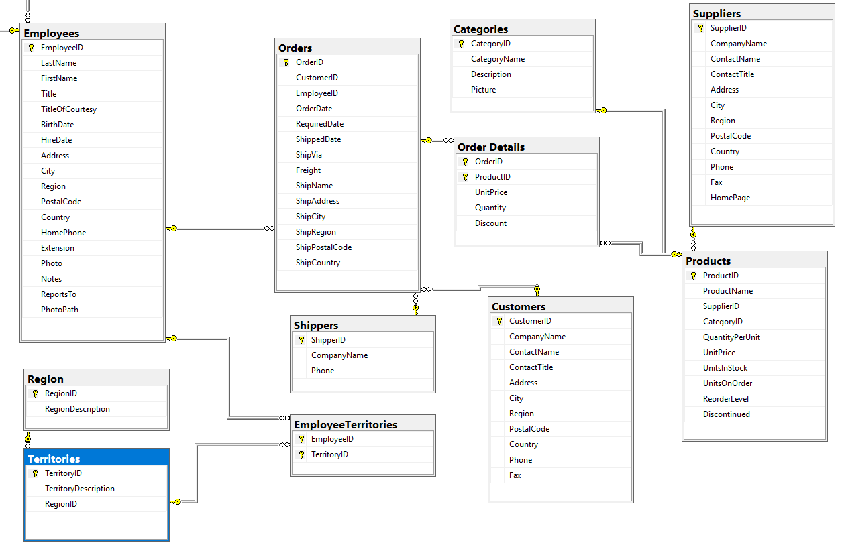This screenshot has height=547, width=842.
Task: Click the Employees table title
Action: (x=52, y=33)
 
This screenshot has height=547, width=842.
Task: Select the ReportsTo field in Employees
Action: (x=58, y=294)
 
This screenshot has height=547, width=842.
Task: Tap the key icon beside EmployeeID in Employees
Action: (x=31, y=48)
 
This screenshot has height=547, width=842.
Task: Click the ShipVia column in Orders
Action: (x=309, y=155)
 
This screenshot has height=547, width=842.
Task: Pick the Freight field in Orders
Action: (x=308, y=170)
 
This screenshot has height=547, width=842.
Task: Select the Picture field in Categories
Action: (x=483, y=90)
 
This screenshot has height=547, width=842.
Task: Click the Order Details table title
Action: (x=491, y=147)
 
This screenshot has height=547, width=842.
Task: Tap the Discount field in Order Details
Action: (x=490, y=223)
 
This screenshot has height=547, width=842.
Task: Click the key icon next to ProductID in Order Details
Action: (x=465, y=177)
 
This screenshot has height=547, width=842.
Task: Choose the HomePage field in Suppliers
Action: (x=730, y=198)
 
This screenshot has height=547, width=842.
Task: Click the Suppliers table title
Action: (x=717, y=13)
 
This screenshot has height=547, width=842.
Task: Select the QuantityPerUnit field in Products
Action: (x=731, y=337)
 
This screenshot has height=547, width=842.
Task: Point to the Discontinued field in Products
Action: (x=726, y=414)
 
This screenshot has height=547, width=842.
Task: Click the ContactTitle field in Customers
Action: (x=531, y=367)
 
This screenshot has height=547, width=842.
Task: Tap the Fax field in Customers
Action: (x=515, y=475)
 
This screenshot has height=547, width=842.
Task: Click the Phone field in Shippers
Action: (x=322, y=371)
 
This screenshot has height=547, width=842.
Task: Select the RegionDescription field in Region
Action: (x=77, y=409)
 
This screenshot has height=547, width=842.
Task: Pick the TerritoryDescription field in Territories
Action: (x=79, y=489)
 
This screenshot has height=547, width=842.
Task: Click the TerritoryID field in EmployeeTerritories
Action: (x=329, y=454)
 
